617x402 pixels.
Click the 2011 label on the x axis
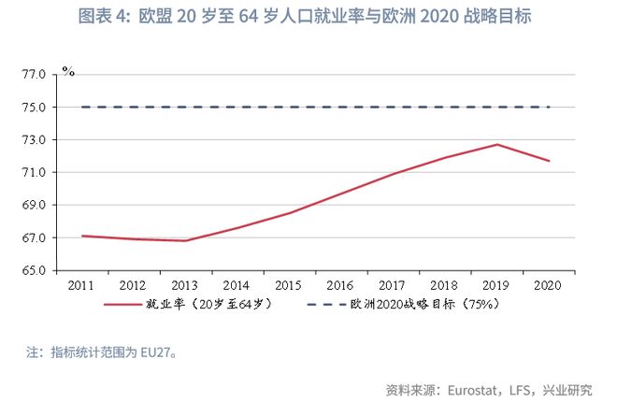click(x=82, y=284)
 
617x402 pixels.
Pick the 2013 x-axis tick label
click(x=186, y=284)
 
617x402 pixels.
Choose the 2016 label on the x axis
click(x=341, y=284)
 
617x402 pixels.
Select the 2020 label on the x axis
click(x=549, y=284)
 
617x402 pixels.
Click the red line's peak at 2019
click(x=497, y=144)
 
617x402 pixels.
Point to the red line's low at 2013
click(x=186, y=240)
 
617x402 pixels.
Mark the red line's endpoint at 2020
click(x=549, y=161)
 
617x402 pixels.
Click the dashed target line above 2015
click(x=290, y=108)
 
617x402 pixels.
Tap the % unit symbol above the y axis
click(x=67, y=70)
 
